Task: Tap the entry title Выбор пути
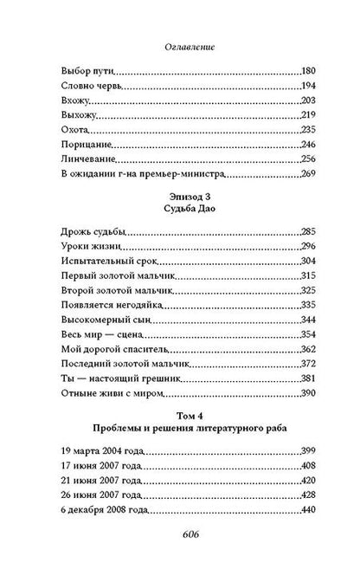pos(88,68)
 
